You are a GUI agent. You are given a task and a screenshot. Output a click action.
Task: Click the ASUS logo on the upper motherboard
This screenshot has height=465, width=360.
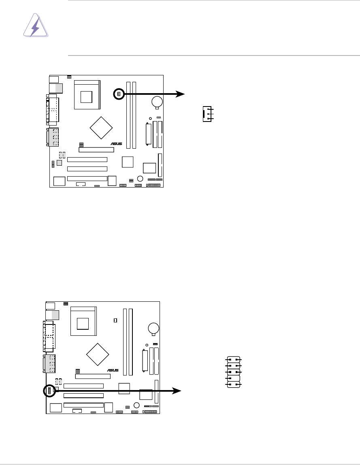click(x=117, y=143)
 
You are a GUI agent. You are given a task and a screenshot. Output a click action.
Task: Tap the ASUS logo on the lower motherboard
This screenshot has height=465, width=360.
click(x=113, y=370)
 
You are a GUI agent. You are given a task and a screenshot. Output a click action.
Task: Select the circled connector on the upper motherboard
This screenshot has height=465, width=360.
click(x=119, y=94)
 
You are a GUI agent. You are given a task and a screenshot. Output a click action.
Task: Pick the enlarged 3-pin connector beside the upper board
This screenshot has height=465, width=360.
click(x=207, y=114)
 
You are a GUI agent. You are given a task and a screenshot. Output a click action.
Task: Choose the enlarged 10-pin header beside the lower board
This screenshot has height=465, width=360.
click(x=234, y=372)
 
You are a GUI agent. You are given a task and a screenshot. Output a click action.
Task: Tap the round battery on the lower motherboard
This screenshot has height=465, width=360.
click(x=153, y=328)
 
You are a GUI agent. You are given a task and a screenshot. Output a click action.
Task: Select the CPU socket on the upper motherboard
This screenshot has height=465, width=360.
click(x=86, y=95)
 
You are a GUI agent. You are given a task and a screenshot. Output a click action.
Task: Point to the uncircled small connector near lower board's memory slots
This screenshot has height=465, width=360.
click(x=115, y=320)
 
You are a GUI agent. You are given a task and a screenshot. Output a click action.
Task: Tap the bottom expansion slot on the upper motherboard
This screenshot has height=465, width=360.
click(x=87, y=179)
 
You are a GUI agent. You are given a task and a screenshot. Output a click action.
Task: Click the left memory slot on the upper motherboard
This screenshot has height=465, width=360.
click(x=128, y=115)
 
